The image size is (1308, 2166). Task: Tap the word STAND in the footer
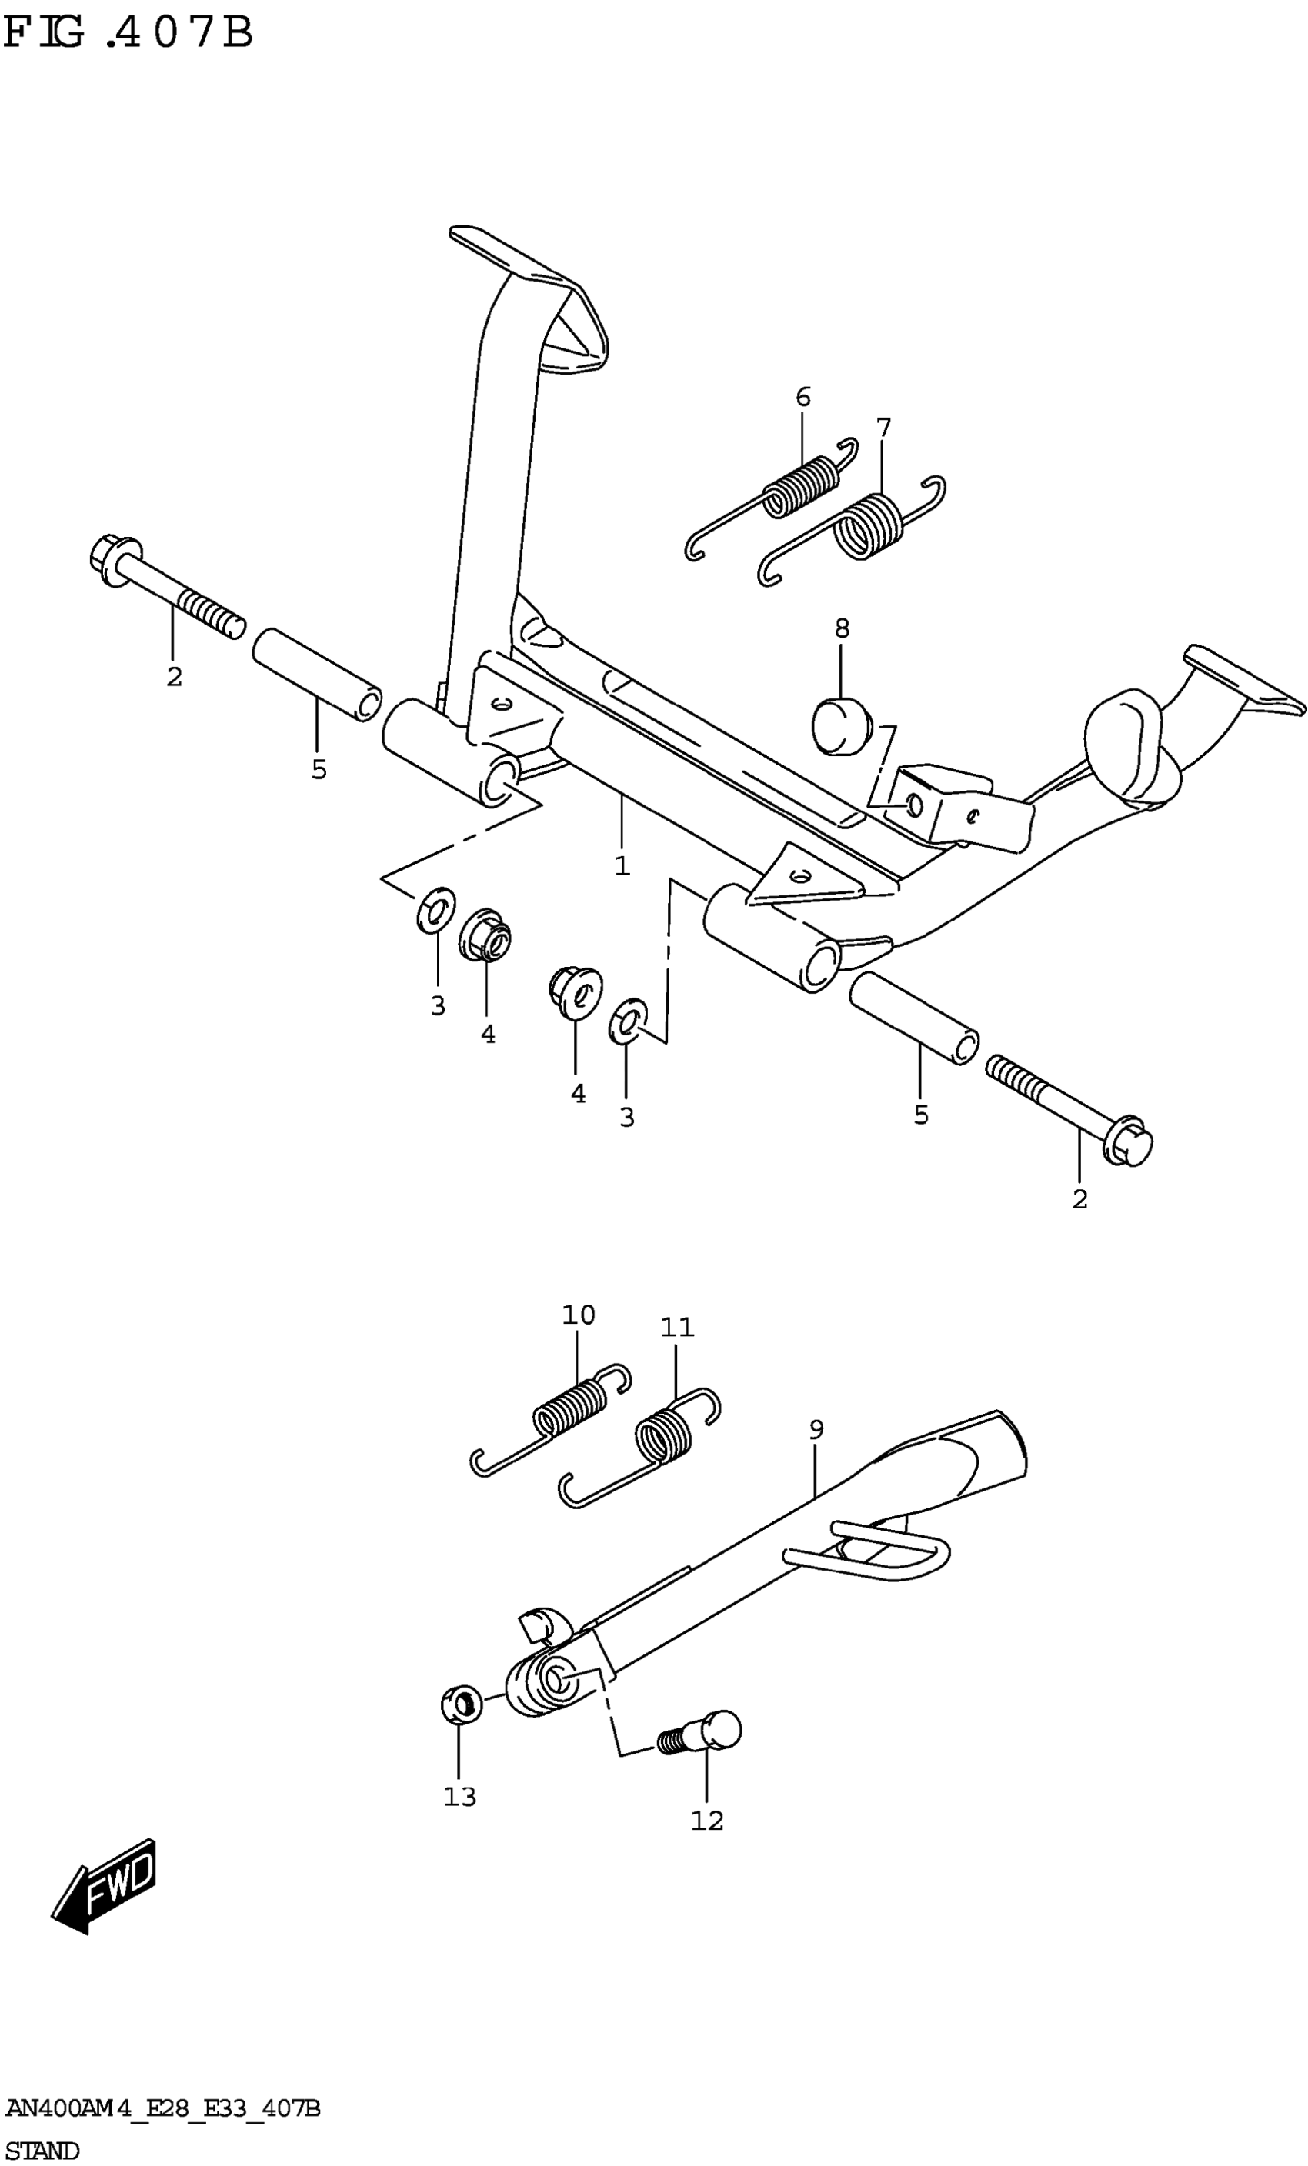(x=42, y=2150)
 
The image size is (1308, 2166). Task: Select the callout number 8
(x=841, y=628)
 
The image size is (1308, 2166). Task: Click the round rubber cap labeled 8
(x=839, y=726)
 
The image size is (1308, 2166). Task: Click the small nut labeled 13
(x=461, y=1704)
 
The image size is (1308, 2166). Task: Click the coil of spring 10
(x=569, y=1407)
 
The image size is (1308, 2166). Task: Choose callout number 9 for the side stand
(x=816, y=1430)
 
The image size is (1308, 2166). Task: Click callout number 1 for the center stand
(x=622, y=866)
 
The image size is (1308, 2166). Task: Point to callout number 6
(x=802, y=398)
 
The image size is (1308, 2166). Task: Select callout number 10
(x=578, y=1315)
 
